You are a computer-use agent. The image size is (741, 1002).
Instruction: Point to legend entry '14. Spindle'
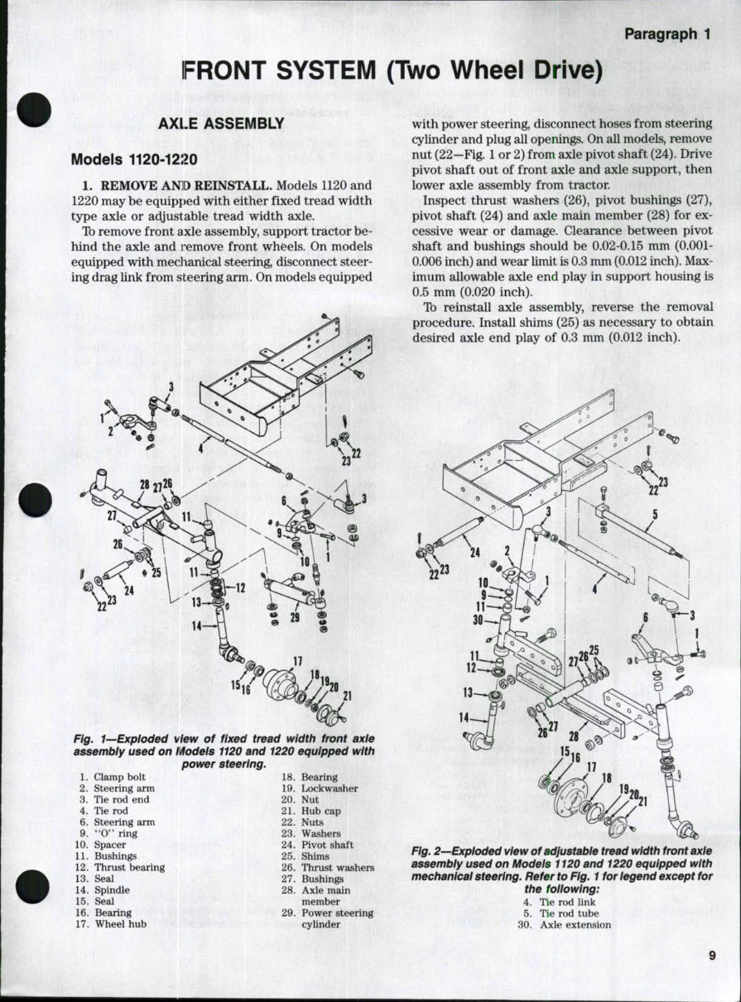tap(103, 889)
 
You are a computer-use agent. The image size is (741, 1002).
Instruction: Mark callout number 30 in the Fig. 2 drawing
tap(478, 620)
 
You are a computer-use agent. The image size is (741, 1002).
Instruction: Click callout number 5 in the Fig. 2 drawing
tap(654, 512)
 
